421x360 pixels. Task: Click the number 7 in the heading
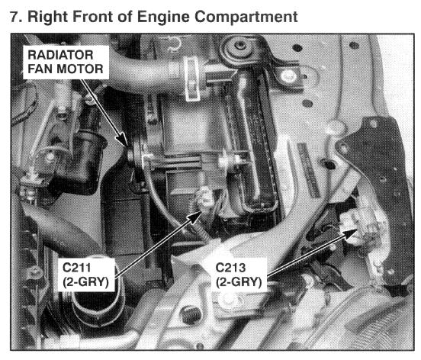[x=14, y=17]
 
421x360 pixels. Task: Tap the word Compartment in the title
[x=246, y=18]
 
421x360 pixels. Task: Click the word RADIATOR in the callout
[x=60, y=55]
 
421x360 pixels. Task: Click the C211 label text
[x=76, y=268]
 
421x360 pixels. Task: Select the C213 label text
[x=230, y=268]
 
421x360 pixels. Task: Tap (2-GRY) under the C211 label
[x=85, y=282]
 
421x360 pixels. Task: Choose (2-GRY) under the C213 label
[x=239, y=282]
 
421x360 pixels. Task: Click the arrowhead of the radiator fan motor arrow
[x=124, y=140]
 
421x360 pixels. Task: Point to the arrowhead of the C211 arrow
[x=195, y=216]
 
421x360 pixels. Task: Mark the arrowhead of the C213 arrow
[x=351, y=233]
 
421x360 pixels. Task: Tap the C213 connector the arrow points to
[x=360, y=226]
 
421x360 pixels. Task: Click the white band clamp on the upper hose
[x=192, y=79]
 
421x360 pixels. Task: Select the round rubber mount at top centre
[x=239, y=50]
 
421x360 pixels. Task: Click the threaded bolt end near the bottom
[x=191, y=314]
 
